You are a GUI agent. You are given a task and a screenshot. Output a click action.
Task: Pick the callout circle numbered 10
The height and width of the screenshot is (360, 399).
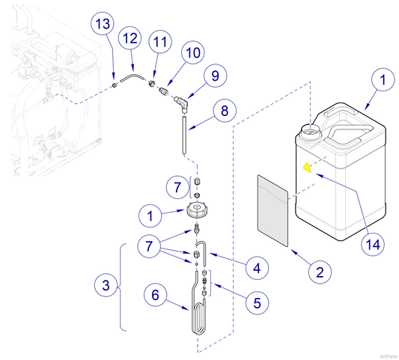[x=192, y=54]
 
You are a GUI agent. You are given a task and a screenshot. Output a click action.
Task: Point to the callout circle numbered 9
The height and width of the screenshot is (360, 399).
[x=214, y=76]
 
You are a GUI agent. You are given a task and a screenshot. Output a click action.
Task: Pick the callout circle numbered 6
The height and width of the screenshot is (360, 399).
[x=155, y=296]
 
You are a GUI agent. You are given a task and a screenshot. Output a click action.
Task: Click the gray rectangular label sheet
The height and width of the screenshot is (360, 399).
[x=272, y=211]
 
